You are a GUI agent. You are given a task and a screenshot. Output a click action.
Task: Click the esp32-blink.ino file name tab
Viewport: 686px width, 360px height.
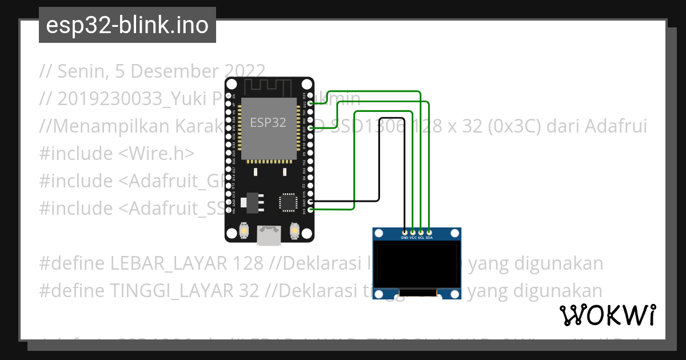click(127, 25)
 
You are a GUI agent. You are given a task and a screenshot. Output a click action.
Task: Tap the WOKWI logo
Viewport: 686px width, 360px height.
click(607, 315)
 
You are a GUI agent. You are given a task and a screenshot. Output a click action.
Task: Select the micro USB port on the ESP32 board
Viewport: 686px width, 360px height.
click(269, 235)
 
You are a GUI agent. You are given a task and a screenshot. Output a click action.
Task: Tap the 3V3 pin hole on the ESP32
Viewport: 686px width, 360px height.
click(310, 210)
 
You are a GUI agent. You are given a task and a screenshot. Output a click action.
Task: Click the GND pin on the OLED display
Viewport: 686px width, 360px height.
click(405, 233)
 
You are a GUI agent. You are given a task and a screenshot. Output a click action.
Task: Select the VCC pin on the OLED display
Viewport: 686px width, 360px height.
click(413, 233)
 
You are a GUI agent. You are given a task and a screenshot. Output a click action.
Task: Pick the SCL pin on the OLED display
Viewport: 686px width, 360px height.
click(421, 233)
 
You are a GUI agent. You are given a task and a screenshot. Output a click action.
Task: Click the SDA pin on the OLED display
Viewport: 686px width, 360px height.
click(429, 233)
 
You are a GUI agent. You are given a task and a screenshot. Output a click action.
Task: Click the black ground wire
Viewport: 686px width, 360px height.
click(379, 171)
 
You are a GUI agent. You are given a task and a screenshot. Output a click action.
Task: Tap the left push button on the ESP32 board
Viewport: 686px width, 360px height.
click(244, 230)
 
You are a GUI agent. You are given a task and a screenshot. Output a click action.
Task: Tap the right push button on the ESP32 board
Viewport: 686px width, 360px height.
click(294, 230)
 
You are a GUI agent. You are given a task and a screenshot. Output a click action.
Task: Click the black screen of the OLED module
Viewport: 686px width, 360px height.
click(417, 264)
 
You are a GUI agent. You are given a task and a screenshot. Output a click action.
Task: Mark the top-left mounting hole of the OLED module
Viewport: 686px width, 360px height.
click(378, 233)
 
